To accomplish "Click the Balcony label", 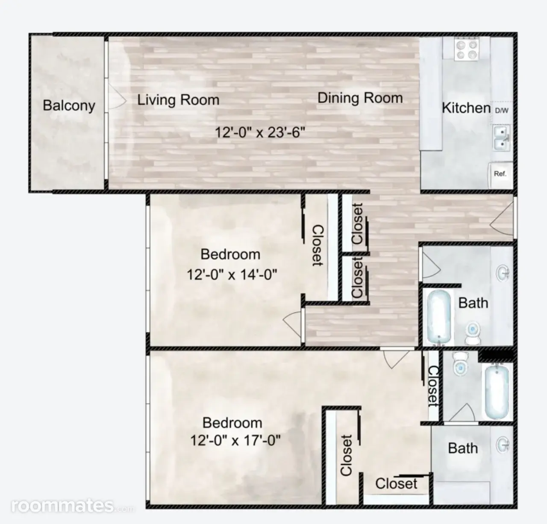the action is (69, 106).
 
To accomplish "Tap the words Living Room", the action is (178, 100).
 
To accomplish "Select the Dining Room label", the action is (360, 98).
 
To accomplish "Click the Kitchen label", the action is (466, 108).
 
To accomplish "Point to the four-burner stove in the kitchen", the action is (467, 49).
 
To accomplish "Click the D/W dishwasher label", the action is (502, 111).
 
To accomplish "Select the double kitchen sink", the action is (502, 138).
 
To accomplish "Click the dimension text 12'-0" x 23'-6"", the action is (260, 132).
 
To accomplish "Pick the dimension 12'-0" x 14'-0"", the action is (232, 275).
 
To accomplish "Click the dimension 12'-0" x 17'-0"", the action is (235, 440).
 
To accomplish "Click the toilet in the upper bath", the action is (473, 333).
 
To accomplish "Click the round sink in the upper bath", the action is (503, 273).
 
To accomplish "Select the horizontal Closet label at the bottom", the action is (396, 484).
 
